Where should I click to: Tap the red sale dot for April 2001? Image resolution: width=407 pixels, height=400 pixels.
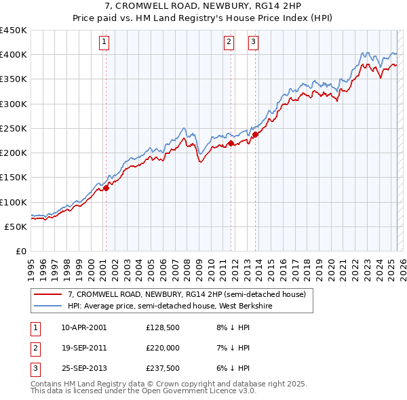click(x=106, y=188)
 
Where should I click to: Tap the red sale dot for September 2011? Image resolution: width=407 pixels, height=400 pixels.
click(x=231, y=143)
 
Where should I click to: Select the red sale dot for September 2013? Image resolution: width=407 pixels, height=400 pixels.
click(x=255, y=135)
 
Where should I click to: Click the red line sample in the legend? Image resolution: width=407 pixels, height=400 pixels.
click(x=47, y=295)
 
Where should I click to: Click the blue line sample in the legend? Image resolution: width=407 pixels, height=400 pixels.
click(x=47, y=306)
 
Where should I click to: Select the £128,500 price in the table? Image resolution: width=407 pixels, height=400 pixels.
click(x=163, y=327)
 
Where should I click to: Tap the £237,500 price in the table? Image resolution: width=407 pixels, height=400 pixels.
click(x=163, y=369)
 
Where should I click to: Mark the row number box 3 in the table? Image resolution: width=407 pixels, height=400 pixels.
click(x=35, y=369)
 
